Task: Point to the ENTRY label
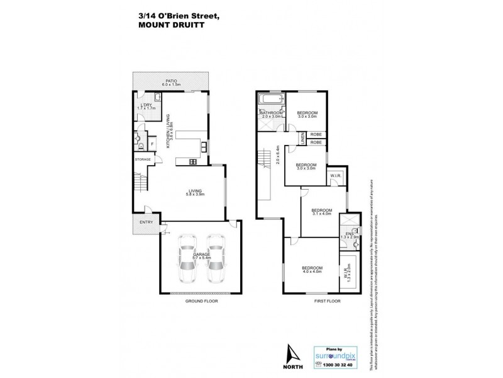tap(146, 222)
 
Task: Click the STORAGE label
tap(143, 159)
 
